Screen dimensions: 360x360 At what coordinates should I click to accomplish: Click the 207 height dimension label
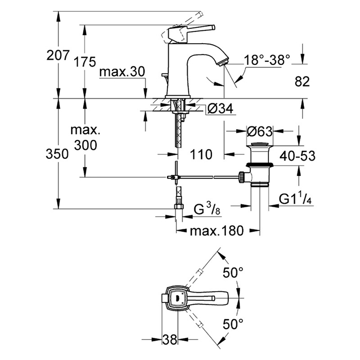(57, 55)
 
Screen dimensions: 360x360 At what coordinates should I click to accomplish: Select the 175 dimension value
(85, 62)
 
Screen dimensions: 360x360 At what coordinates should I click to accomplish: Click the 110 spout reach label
(201, 154)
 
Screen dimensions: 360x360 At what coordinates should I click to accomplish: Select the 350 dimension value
(57, 154)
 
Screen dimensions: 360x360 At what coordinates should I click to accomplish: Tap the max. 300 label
(85, 138)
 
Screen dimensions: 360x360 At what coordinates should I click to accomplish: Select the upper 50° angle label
(232, 273)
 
